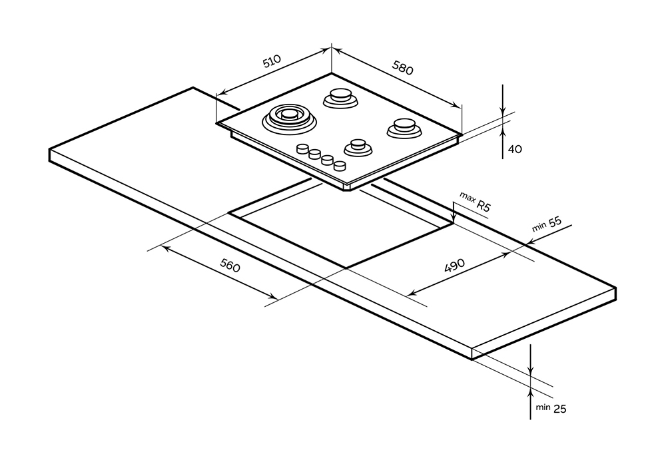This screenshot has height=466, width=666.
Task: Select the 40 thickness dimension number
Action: (x=515, y=149)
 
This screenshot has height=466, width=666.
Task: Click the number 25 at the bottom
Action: (x=559, y=409)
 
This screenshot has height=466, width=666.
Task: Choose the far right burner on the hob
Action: (x=402, y=126)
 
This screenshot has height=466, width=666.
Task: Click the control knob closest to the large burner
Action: (x=303, y=148)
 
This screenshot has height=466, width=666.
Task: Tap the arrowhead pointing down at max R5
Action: (x=453, y=219)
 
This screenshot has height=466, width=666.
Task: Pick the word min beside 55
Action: (x=539, y=228)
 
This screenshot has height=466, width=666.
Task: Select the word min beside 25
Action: (x=541, y=407)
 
